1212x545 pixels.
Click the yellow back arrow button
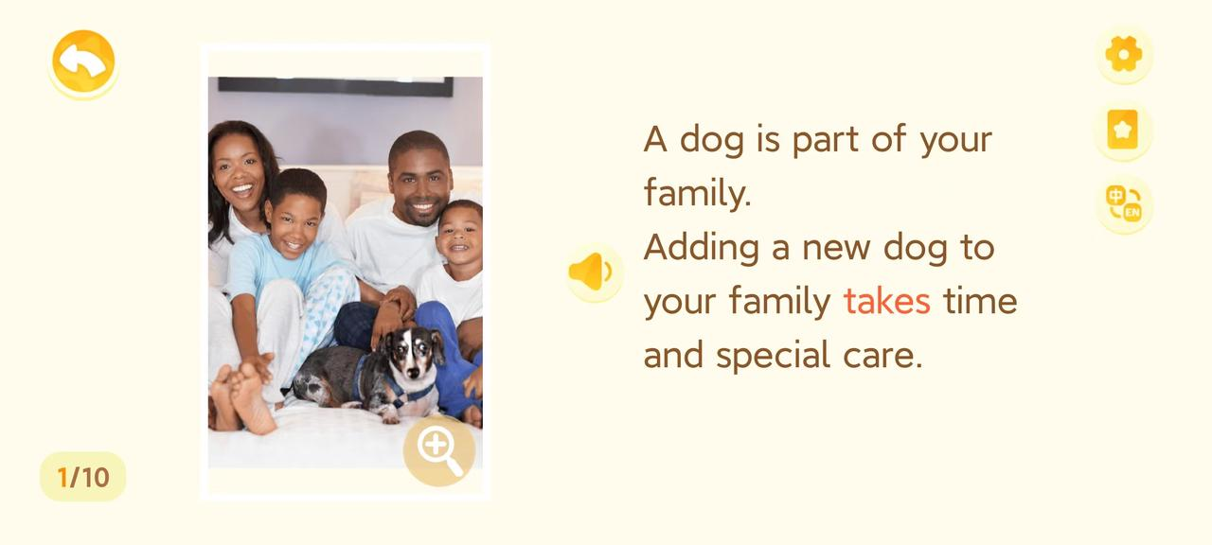[x=83, y=62]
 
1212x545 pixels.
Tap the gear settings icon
[x=1124, y=54]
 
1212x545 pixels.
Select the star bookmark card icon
[x=1123, y=130]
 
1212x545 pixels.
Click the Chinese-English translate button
[x=1124, y=204]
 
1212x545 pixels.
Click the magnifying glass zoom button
[x=438, y=449]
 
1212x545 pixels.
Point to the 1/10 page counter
[x=82, y=477]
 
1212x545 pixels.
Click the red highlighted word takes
[x=887, y=302]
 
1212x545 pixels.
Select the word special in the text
[x=774, y=356]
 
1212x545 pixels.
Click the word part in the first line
[x=826, y=139]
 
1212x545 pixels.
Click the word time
[x=980, y=301]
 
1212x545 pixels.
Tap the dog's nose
[x=413, y=372]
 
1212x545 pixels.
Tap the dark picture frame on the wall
[x=335, y=86]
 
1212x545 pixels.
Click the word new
[x=836, y=249]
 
